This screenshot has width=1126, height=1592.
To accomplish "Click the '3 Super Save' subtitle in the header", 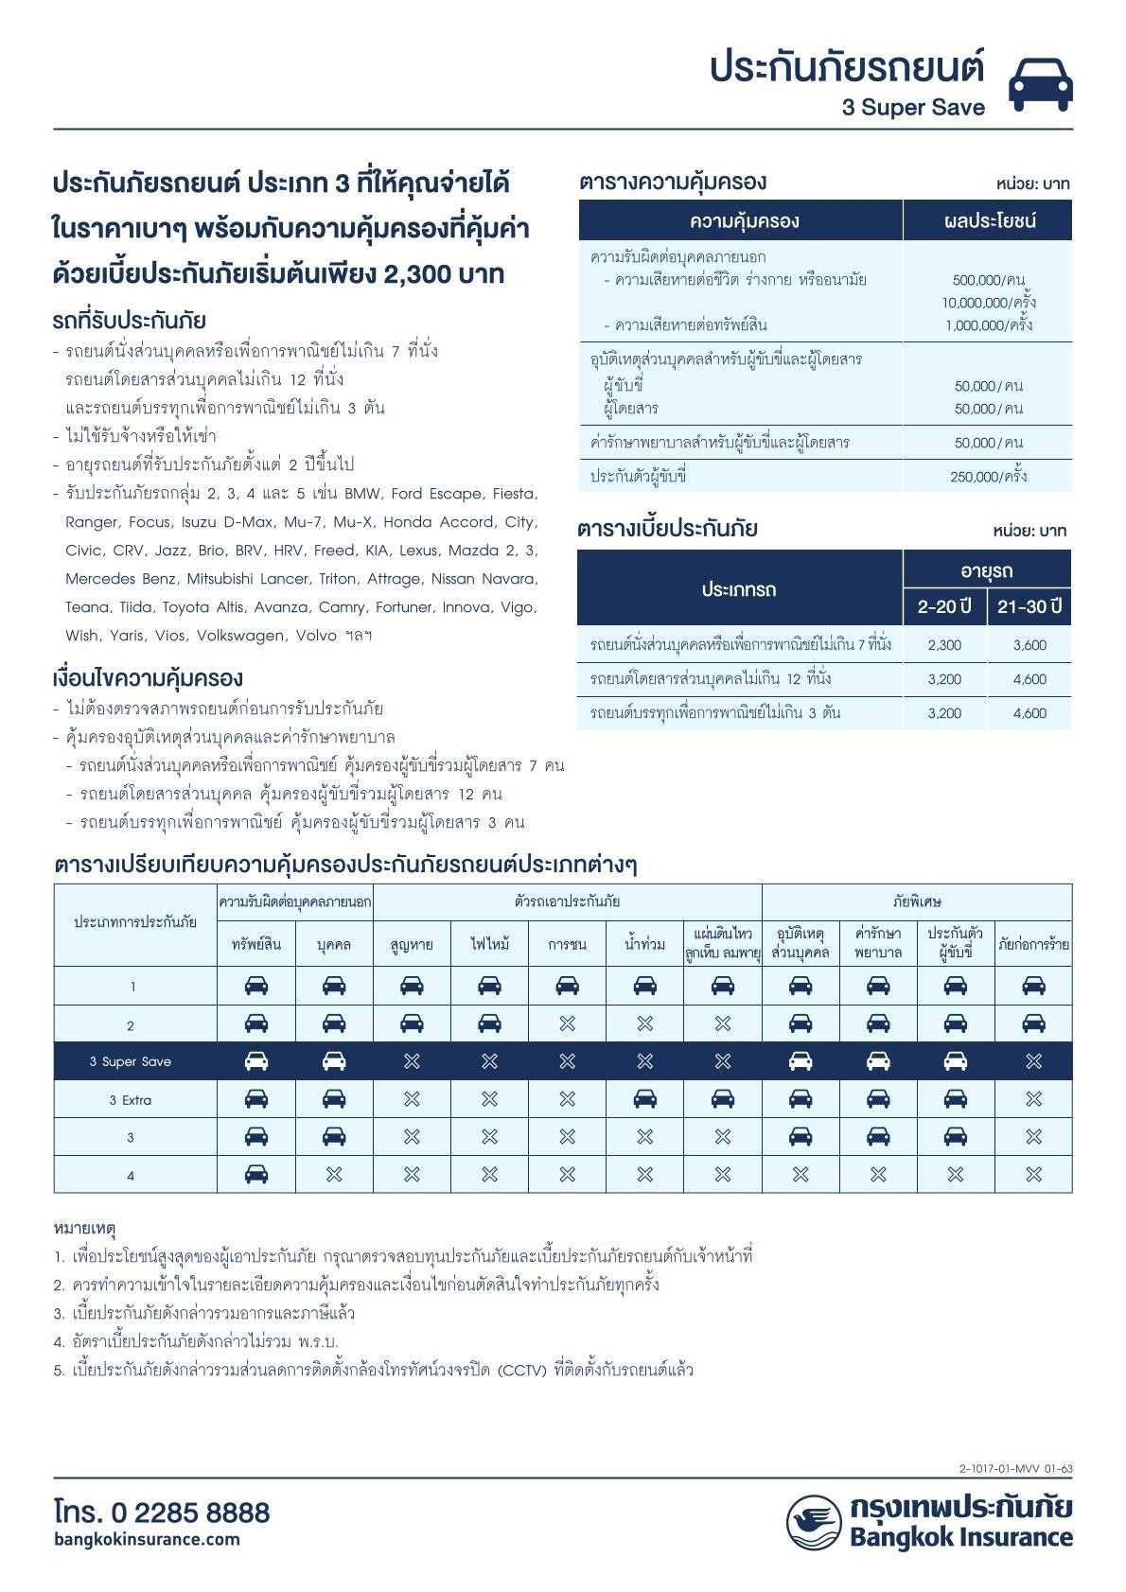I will (913, 108).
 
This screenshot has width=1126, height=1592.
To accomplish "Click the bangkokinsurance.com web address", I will (147, 1539).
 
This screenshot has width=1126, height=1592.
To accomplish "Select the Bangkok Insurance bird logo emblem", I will (814, 1522).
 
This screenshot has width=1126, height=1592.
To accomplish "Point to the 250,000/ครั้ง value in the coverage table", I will (988, 477).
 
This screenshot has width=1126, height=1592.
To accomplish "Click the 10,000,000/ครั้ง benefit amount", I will (988, 303).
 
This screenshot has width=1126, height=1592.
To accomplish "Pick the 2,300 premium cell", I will (944, 645).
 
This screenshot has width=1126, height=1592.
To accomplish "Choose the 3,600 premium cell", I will (1029, 645).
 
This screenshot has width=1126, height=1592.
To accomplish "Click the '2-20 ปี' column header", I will (944, 606).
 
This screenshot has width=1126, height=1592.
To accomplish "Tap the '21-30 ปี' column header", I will (1029, 606).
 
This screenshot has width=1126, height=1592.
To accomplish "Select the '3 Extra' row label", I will (131, 1100).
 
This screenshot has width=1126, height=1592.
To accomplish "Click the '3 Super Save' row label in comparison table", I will (131, 1061).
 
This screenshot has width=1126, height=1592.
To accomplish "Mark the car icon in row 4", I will (256, 1175).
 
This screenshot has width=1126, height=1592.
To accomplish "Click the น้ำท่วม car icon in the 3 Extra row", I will (645, 1099).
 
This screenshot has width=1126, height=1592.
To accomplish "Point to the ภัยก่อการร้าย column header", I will (1033, 944).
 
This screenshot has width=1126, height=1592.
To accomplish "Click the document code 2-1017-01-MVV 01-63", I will (1015, 1469).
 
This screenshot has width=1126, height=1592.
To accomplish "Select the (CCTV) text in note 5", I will (522, 1370).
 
